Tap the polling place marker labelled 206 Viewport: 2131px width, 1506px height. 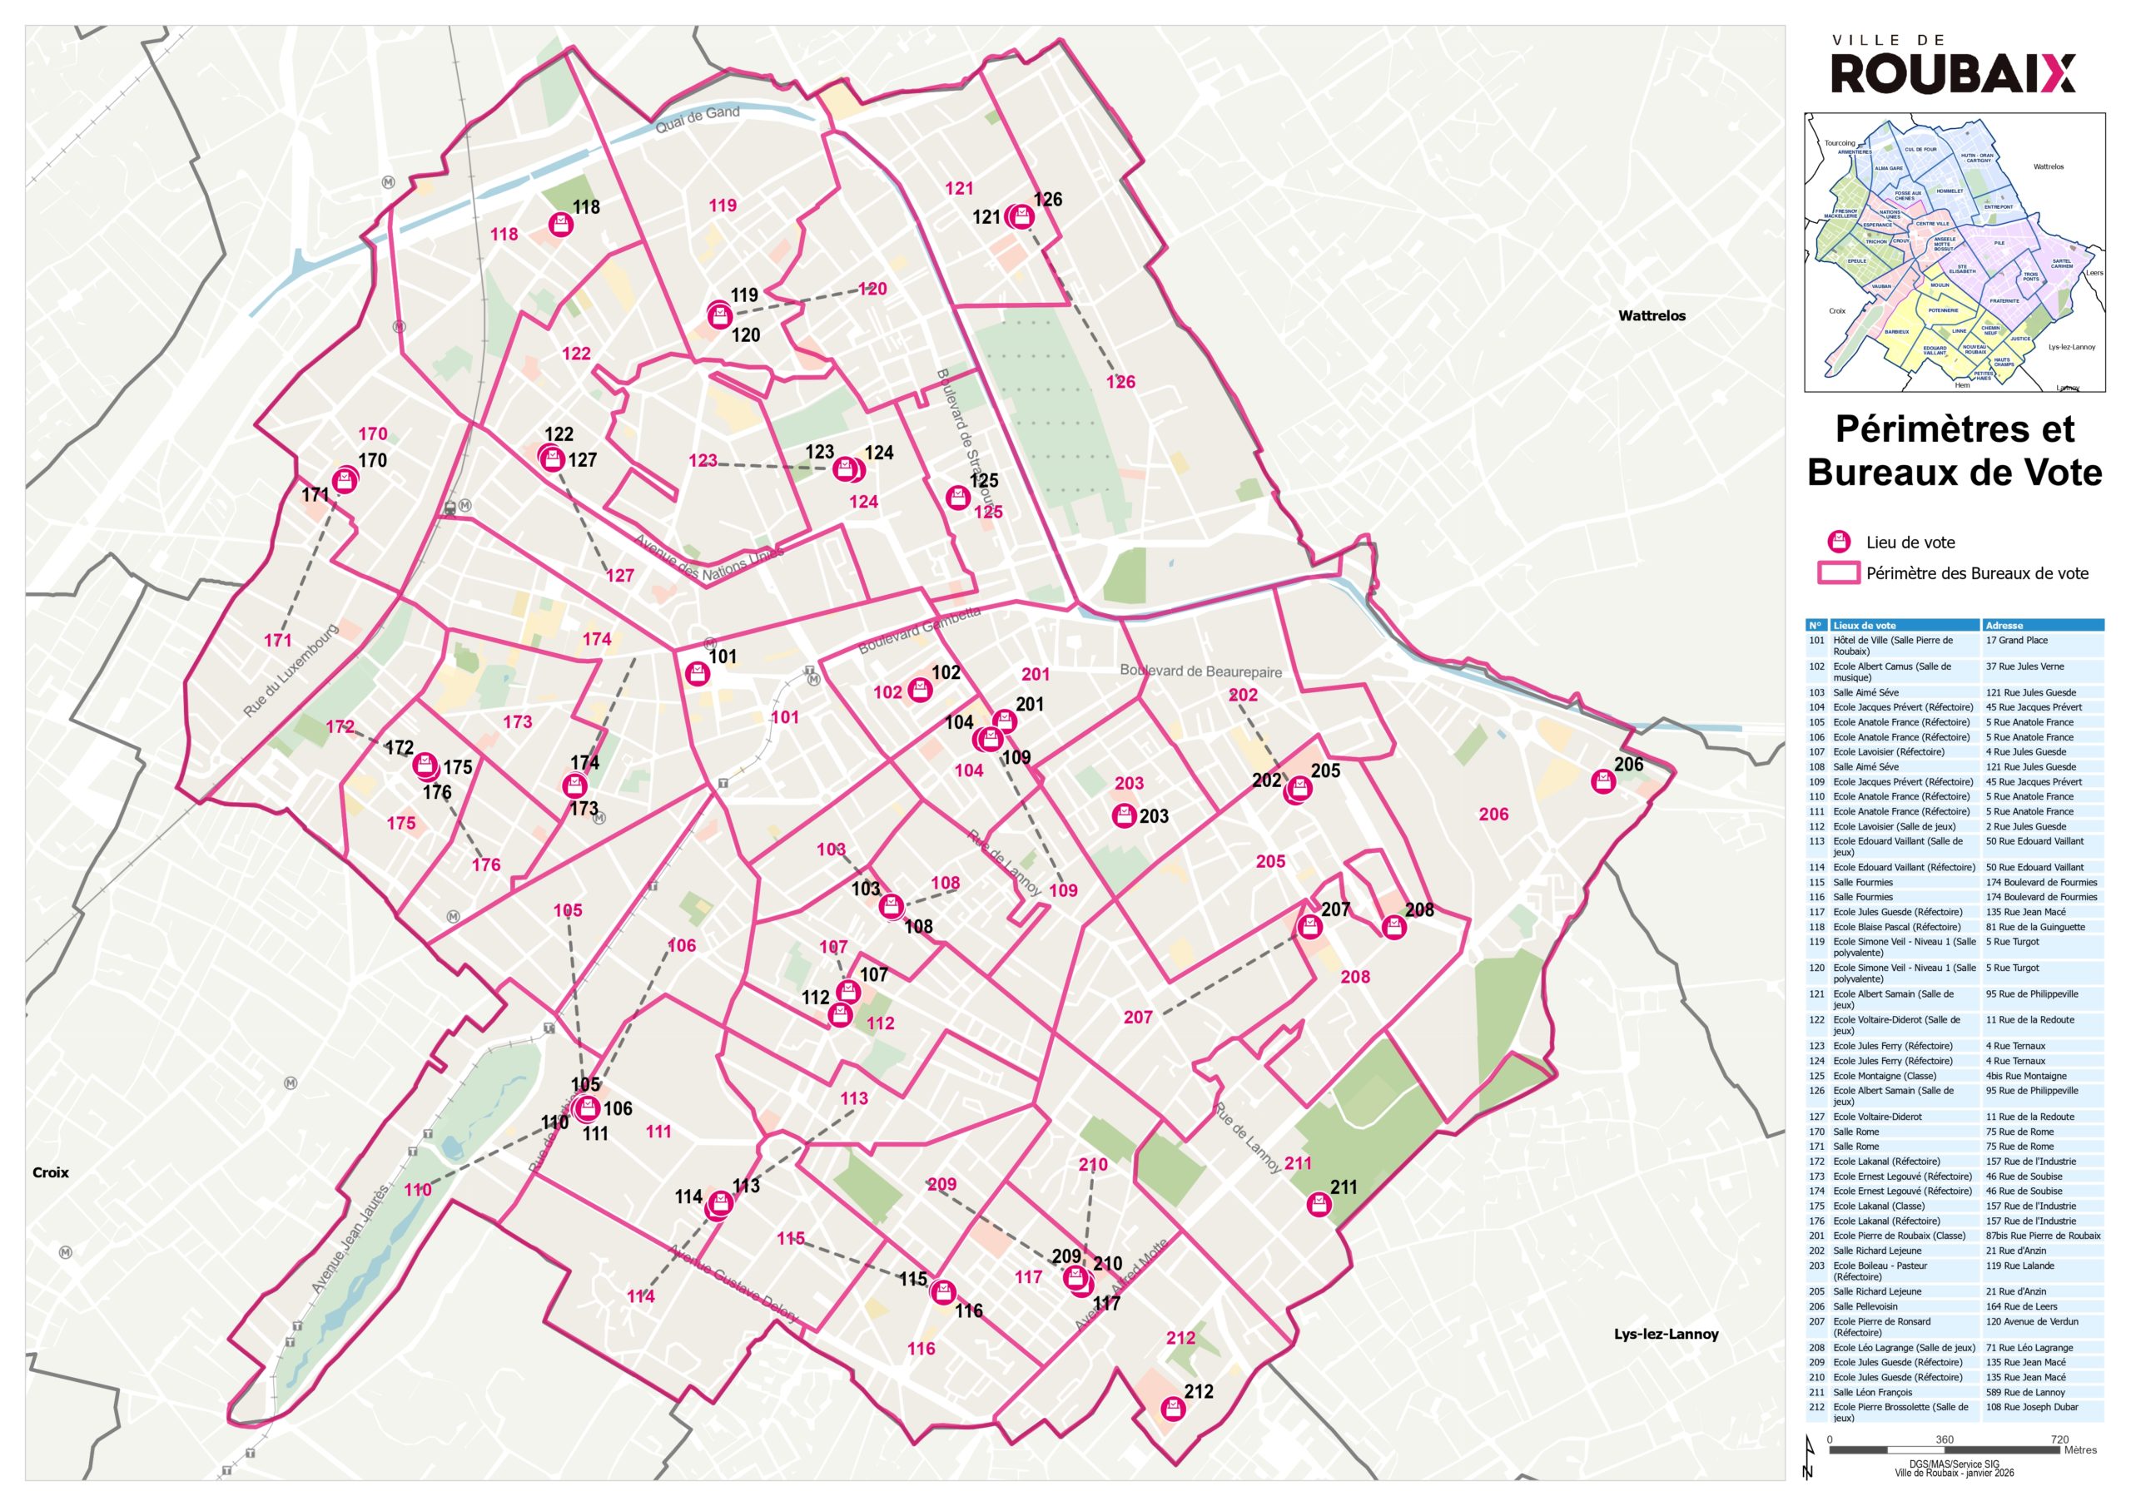click(1603, 781)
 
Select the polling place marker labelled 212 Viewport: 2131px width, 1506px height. click(1174, 1410)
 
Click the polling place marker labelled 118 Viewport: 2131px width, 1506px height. click(560, 224)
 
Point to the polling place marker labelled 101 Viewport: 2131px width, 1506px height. click(698, 673)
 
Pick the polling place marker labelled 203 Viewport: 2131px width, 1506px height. click(1124, 816)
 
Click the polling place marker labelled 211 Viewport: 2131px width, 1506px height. click(1319, 1206)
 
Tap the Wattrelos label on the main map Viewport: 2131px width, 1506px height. click(1652, 315)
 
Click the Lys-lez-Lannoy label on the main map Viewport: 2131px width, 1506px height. click(1666, 1335)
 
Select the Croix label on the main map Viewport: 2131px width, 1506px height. click(50, 1173)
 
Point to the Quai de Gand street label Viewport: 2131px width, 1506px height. click(697, 119)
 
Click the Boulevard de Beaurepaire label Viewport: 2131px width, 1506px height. click(1200, 671)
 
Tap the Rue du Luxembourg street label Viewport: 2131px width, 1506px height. click(291, 670)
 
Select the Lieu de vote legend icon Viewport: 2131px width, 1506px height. click(1839, 542)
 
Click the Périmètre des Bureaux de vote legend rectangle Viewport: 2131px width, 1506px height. click(1838, 573)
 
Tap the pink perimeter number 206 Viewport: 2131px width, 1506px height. click(1493, 815)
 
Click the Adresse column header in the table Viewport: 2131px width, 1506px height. click(2004, 626)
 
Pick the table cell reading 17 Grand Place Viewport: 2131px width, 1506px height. click(2016, 641)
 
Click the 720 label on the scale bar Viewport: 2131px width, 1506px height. click(2059, 1440)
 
